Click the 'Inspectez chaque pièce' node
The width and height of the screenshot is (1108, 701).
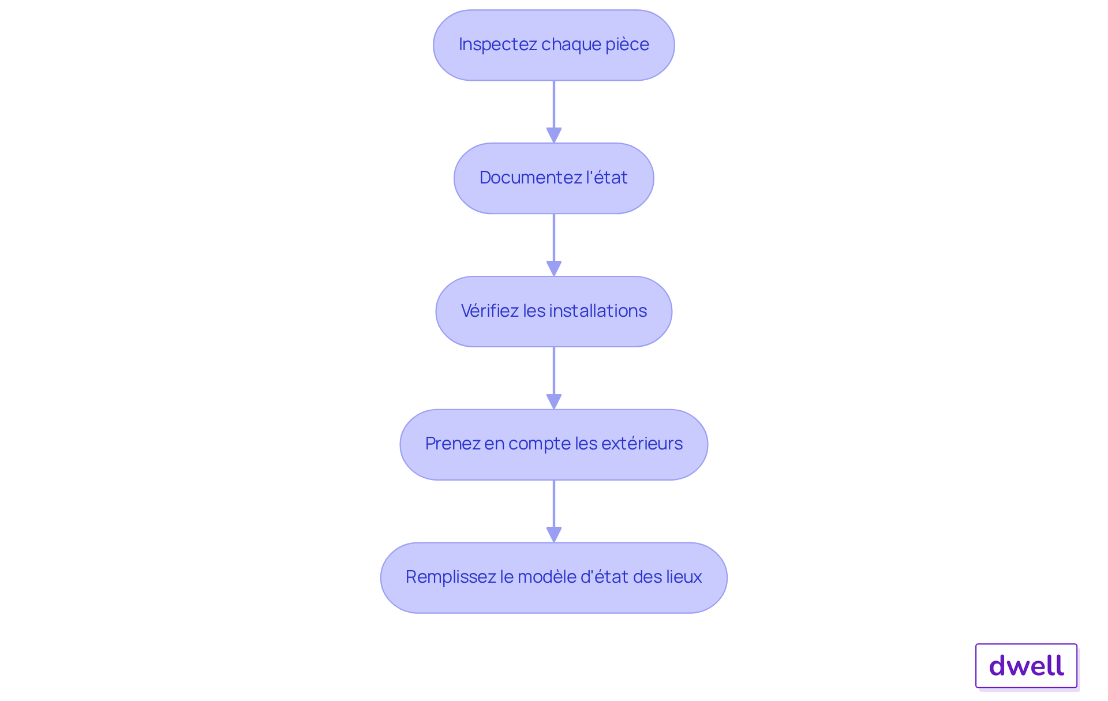tap(553, 45)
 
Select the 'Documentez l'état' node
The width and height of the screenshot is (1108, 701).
tap(553, 178)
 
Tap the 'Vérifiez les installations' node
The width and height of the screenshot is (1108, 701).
tap(553, 312)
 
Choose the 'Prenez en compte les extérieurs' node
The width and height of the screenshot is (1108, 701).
tap(553, 444)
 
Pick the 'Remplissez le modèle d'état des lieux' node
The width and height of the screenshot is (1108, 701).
tap(553, 578)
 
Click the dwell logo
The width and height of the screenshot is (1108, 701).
tap(1026, 666)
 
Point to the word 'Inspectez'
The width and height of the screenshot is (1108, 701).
tap(497, 44)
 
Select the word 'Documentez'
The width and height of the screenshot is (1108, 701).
tap(530, 178)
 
